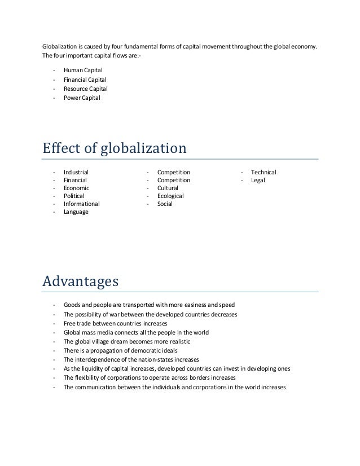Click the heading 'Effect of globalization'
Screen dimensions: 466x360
(115, 149)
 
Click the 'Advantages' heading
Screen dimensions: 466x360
(80, 280)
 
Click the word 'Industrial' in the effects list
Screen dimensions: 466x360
(76, 172)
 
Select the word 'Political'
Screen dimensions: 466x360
(74, 196)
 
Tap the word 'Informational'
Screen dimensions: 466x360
(82, 204)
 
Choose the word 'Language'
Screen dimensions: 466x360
(76, 212)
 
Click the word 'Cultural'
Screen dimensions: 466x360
(168, 188)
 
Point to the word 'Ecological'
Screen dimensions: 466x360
(170, 196)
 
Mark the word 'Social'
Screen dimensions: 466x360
(165, 204)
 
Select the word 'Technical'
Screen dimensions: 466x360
(264, 172)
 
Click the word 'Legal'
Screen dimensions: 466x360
(258, 180)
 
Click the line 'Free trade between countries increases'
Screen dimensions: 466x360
(116, 323)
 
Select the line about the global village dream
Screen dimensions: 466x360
(127, 341)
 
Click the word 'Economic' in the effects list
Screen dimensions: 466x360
(76, 188)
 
